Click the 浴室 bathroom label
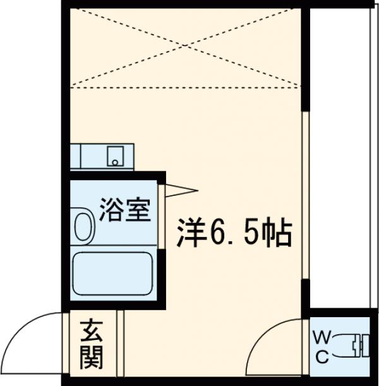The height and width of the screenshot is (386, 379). pos(125,209)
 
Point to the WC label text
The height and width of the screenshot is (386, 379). pos(321,347)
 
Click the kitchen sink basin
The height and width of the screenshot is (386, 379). pos(114,155)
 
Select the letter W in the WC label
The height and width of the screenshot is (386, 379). pos(321,338)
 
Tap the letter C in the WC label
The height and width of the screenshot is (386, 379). pos(321,356)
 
